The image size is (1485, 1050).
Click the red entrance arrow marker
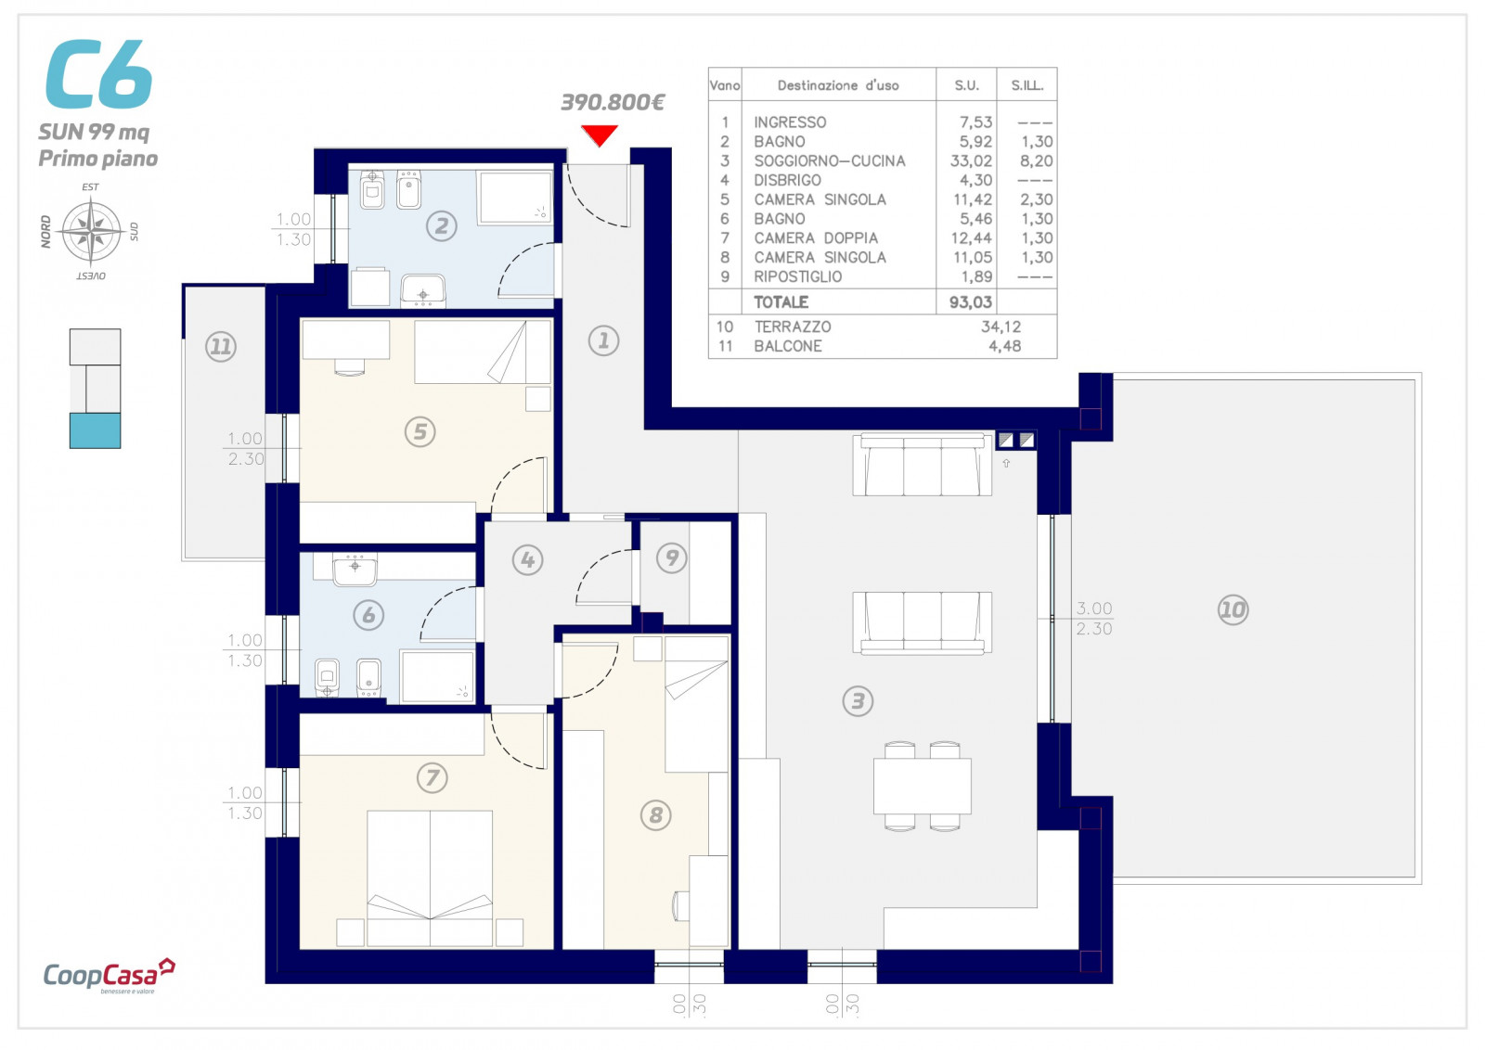600,135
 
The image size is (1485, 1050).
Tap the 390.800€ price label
613,102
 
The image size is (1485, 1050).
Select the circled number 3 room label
858,701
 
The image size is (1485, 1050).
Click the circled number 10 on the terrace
1233,609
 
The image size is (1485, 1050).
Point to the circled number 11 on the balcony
221,347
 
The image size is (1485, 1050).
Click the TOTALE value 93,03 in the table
971,302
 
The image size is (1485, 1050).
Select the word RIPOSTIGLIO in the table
797,277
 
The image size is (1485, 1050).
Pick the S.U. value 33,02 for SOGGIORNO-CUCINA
971,161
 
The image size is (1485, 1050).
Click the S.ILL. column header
1027,85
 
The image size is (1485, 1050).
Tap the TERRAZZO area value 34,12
1001,327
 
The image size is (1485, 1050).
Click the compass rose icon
91,231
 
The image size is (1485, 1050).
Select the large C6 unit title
98,73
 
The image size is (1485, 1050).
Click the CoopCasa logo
109,975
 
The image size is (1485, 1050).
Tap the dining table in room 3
922,786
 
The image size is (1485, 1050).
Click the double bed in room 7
430,877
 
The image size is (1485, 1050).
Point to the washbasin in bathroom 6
355,570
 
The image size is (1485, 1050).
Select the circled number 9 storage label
672,557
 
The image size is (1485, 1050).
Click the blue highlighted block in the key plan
95,430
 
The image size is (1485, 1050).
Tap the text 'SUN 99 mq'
94,132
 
